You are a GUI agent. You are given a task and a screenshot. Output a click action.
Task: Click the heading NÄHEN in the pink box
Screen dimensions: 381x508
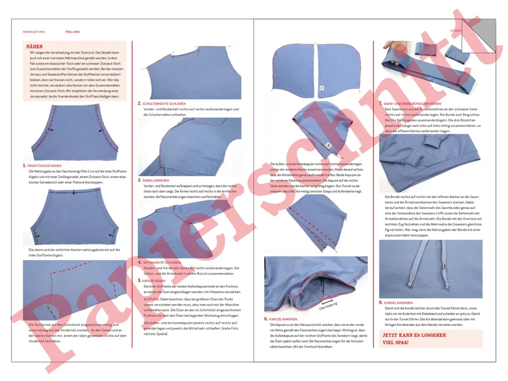point(34,47)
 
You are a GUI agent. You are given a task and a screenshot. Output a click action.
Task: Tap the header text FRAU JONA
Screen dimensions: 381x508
point(72,32)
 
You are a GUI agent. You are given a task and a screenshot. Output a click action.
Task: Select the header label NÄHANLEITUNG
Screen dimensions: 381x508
point(34,32)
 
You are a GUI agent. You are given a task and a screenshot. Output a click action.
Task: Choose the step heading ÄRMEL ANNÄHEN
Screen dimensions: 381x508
point(156,180)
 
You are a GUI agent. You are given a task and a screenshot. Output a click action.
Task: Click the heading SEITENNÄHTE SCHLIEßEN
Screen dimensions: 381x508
point(162,262)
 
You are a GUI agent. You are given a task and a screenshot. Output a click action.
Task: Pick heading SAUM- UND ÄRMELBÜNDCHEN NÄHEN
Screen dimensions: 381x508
point(412,104)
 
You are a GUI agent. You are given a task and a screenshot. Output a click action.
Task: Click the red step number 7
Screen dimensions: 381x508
point(381,104)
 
